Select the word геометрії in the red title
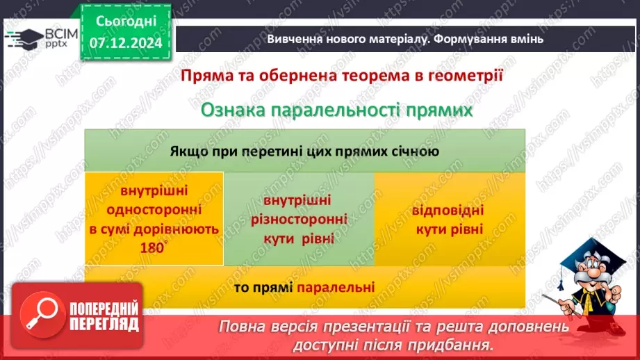pos(465,75)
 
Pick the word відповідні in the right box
pos(448,211)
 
